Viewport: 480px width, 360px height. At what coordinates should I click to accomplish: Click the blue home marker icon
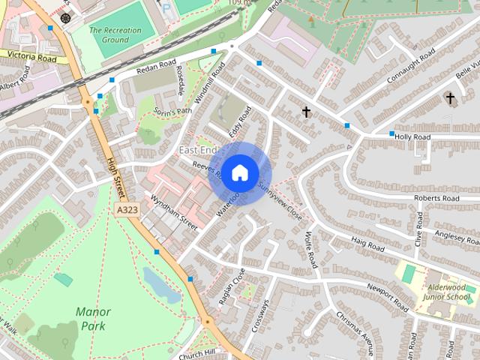239,172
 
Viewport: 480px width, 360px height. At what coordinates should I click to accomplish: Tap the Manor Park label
93,319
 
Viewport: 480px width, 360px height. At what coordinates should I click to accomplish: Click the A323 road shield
127,211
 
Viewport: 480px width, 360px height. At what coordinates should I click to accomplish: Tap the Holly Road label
412,137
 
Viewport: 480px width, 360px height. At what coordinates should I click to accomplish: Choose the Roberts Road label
436,198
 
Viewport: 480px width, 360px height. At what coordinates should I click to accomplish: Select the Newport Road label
387,297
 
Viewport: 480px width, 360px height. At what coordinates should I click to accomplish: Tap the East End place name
198,151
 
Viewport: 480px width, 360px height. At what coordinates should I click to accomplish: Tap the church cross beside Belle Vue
450,98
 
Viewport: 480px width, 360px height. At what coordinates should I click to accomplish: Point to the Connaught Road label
410,67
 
